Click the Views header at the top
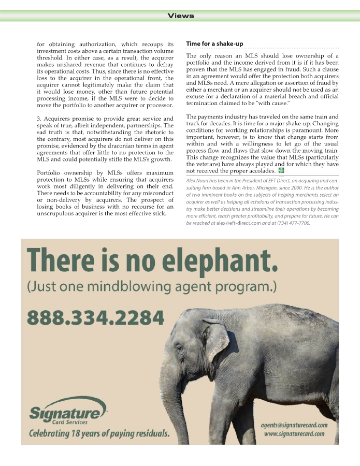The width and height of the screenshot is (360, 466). coord(181,16)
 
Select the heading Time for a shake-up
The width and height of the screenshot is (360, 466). coord(214,44)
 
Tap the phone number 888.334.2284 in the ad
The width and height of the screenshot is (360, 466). coord(95,317)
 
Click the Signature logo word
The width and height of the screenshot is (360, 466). coord(64,413)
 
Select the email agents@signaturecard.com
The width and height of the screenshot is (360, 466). coord(294,425)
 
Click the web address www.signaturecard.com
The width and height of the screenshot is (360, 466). coord(294,434)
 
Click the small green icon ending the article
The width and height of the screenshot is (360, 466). coord(281,170)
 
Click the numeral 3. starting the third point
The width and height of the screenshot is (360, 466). coord(39,119)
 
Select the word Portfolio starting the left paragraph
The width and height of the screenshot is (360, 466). coord(50,172)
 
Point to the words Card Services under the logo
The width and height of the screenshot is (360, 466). coord(66,422)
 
